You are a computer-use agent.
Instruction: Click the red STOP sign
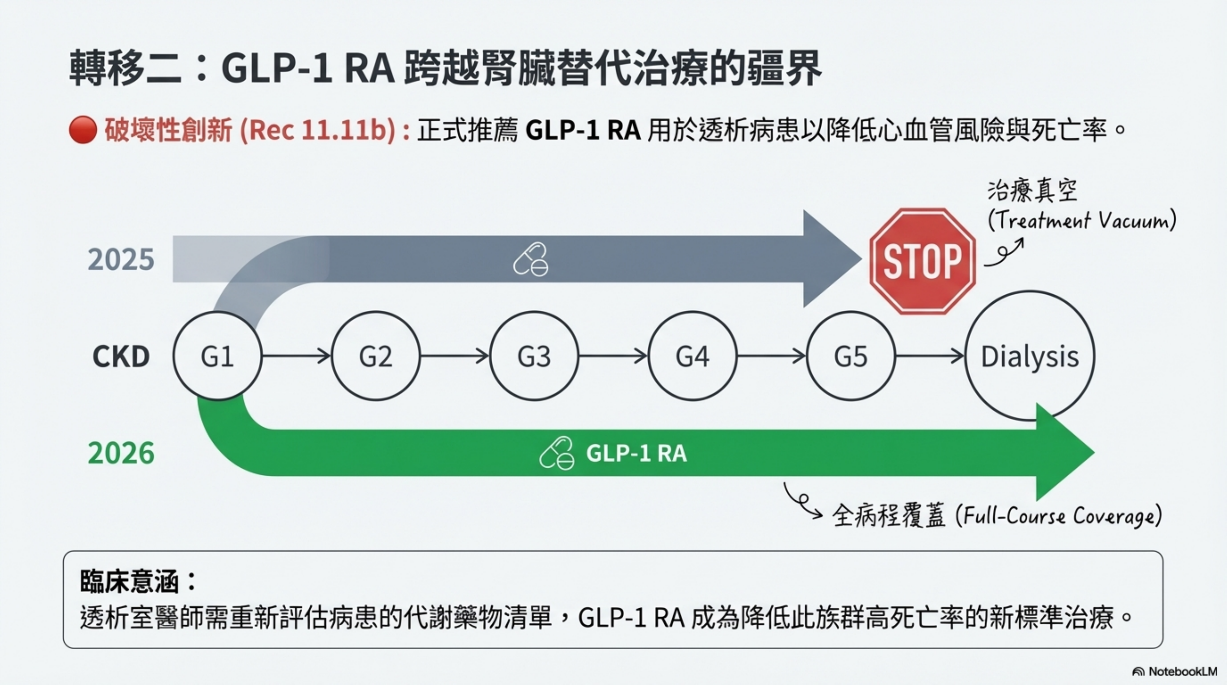click(x=922, y=261)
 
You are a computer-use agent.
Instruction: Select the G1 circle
click(x=217, y=356)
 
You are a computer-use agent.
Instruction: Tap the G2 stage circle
click(x=376, y=356)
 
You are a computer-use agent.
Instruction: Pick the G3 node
click(x=534, y=356)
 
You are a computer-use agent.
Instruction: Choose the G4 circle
click(x=693, y=356)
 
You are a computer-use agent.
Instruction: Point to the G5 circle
click(x=851, y=356)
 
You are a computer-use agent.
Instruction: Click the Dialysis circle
click(x=1030, y=356)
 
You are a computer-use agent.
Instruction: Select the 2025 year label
click(x=121, y=260)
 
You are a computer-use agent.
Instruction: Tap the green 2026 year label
click(x=121, y=453)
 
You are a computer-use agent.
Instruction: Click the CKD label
click(x=121, y=356)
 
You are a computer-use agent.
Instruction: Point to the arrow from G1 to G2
click(x=296, y=356)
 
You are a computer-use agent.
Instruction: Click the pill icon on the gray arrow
click(x=531, y=260)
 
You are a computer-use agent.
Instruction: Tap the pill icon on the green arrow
click(x=556, y=453)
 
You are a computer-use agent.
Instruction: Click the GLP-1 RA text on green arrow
click(x=636, y=453)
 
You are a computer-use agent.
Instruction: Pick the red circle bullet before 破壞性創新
click(x=83, y=130)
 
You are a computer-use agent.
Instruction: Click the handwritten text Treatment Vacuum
click(x=1081, y=220)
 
